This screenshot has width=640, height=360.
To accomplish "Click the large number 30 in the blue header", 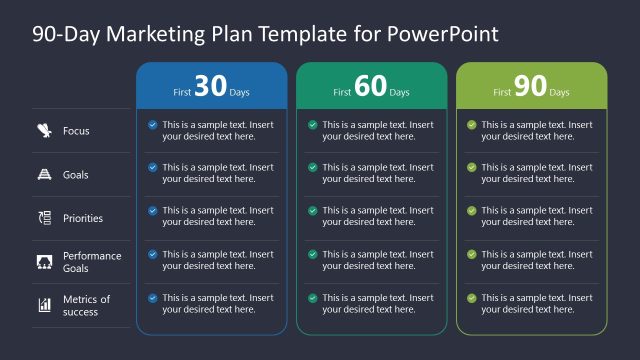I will pyautogui.click(x=210, y=87).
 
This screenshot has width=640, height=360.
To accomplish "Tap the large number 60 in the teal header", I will pyautogui.click(x=370, y=87).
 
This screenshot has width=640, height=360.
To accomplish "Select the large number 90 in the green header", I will pyautogui.click(x=530, y=87).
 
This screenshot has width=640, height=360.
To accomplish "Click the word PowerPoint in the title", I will pyautogui.click(x=448, y=34).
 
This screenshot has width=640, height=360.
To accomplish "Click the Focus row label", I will pyautogui.click(x=77, y=131).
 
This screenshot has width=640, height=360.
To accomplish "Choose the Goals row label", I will pyautogui.click(x=76, y=175).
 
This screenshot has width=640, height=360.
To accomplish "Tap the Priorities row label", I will pyautogui.click(x=83, y=218).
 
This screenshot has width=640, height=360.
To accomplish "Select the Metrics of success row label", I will pyautogui.click(x=87, y=305).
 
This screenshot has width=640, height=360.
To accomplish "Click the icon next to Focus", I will pyautogui.click(x=45, y=130).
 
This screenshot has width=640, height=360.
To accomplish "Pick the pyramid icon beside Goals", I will pyautogui.click(x=45, y=174).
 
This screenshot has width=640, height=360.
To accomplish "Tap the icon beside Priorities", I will pyautogui.click(x=45, y=218).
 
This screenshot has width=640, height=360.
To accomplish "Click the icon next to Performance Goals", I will pyautogui.click(x=45, y=262).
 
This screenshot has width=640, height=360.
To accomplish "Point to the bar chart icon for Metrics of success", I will pyautogui.click(x=45, y=305).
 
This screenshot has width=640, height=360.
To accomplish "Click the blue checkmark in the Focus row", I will pyautogui.click(x=152, y=125).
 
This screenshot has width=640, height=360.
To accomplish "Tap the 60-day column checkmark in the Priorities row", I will pyautogui.click(x=312, y=211).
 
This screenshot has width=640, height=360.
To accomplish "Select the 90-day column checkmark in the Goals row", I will pyautogui.click(x=471, y=168).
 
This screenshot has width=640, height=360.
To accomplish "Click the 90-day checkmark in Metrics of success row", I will pyautogui.click(x=471, y=298).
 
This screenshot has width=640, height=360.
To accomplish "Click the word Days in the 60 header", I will pyautogui.click(x=400, y=92).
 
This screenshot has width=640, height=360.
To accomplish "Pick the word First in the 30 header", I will pyautogui.click(x=182, y=92).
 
